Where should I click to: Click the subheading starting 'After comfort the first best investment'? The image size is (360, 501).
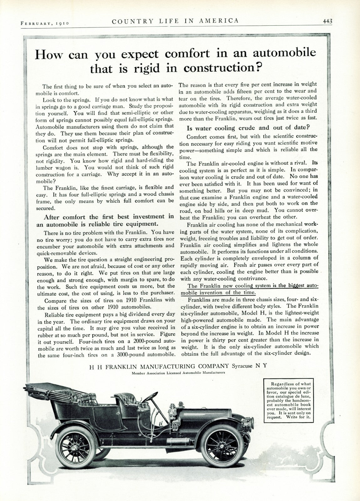tap(109, 220)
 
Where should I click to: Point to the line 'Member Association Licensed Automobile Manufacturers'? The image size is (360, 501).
tap(178, 373)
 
